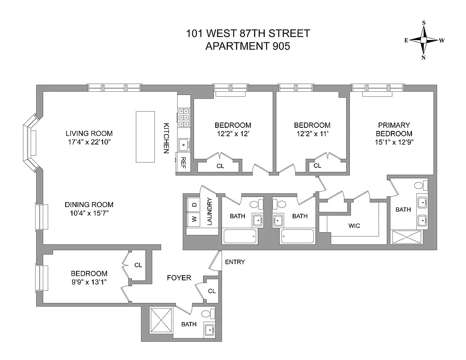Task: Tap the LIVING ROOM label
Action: [x=89, y=134]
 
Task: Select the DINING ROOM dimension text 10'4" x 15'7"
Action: [x=89, y=213]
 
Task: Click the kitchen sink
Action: [x=184, y=145]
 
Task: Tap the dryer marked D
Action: [x=194, y=205]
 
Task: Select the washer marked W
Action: [x=194, y=220]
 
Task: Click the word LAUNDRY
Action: [x=209, y=211]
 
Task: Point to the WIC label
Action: [x=354, y=225]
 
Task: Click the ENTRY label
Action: [x=235, y=262]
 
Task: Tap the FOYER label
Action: [x=179, y=278]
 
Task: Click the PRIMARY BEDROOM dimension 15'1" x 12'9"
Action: [x=394, y=143]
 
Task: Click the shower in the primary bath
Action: [x=407, y=237]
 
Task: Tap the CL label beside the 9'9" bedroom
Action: [x=138, y=265]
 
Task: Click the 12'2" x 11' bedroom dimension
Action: [x=312, y=134]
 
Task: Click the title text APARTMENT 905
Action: [x=248, y=46]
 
